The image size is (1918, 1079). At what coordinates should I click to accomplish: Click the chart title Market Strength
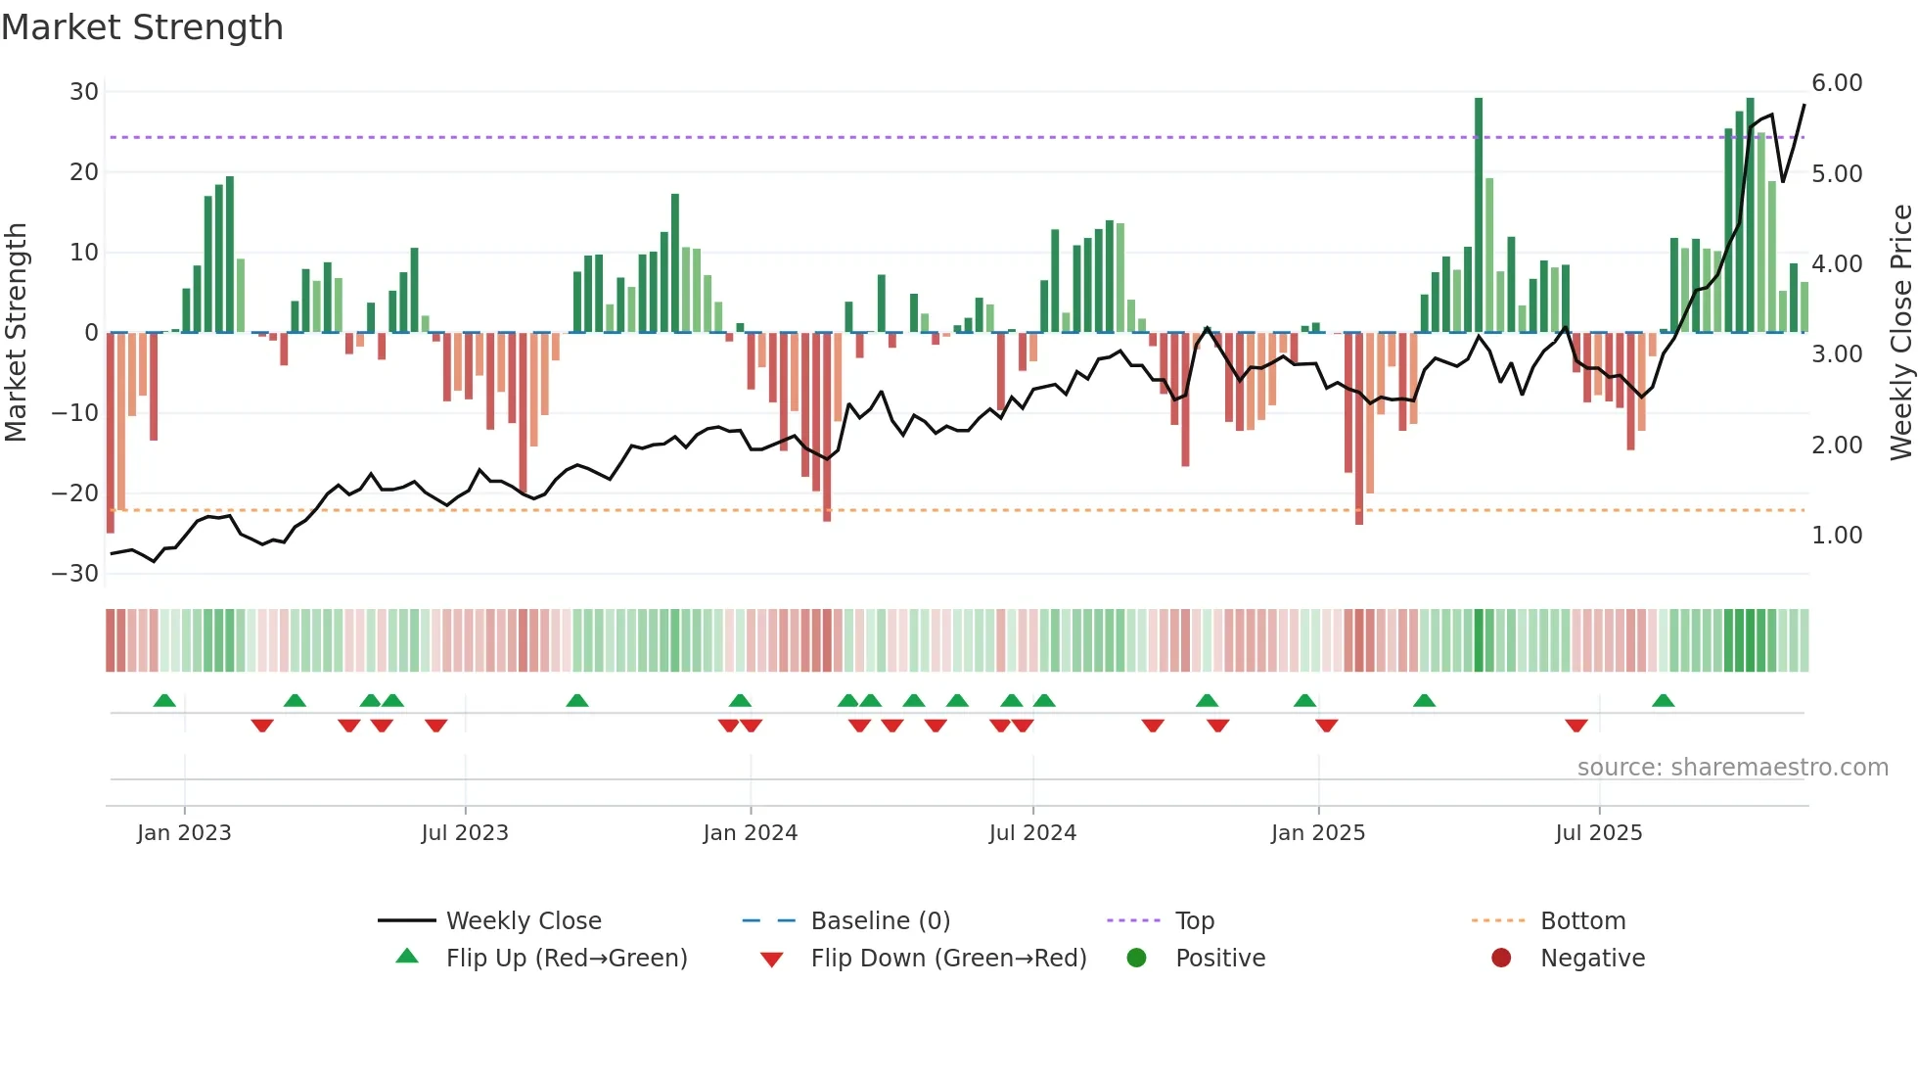[142, 27]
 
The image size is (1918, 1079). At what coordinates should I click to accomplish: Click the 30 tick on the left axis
[84, 92]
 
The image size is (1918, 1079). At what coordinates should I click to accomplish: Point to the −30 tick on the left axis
[75, 574]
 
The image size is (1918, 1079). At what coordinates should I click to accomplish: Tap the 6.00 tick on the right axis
[1837, 83]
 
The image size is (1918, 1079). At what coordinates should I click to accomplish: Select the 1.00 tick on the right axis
[1837, 536]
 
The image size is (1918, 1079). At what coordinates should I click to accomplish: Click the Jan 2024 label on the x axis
[750, 833]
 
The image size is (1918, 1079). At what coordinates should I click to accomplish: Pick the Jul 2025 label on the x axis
[1598, 833]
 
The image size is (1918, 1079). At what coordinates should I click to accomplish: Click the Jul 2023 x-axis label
[465, 833]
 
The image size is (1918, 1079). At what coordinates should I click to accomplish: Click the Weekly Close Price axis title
[1900, 333]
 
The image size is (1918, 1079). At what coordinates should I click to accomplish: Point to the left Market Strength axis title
[17, 333]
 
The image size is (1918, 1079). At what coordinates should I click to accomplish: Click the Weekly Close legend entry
[523, 921]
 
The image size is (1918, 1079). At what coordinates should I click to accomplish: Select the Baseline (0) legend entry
[880, 921]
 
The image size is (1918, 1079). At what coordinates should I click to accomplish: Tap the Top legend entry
[1194, 921]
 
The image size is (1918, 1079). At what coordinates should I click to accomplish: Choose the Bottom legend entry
[1582, 921]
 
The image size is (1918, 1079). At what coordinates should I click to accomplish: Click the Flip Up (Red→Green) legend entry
[566, 959]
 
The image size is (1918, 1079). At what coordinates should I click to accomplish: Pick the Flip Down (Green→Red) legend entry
[947, 959]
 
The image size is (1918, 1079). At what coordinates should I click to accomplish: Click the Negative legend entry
[1592, 959]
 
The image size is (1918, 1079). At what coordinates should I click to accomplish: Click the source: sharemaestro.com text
[1732, 768]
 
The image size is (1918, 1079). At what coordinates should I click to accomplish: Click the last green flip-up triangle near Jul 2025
[1663, 701]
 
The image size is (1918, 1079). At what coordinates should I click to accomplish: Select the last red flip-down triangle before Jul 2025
[1575, 726]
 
